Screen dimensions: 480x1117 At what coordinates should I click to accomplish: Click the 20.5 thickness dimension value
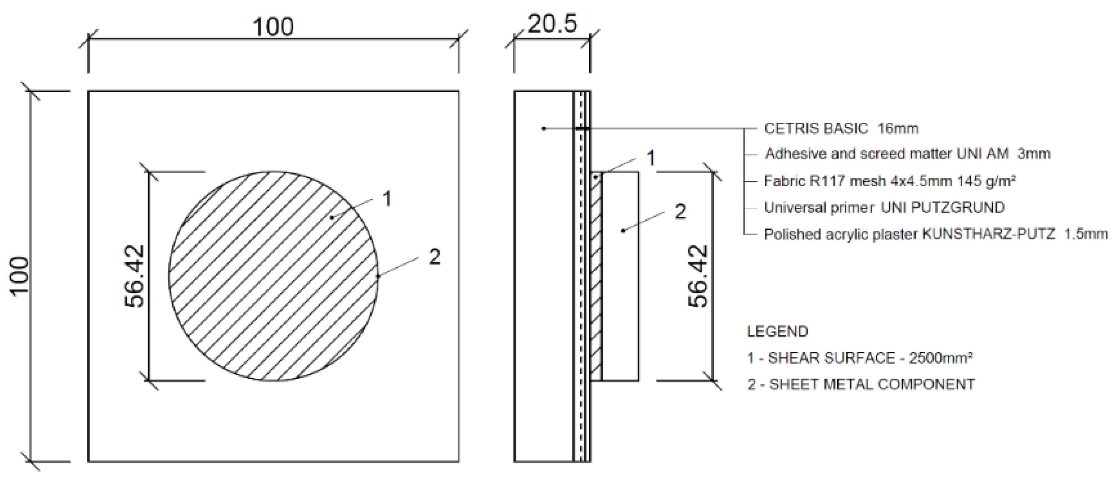click(x=552, y=24)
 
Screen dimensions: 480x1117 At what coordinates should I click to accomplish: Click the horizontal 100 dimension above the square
click(x=273, y=27)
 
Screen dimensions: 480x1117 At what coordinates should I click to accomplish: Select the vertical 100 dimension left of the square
click(x=20, y=276)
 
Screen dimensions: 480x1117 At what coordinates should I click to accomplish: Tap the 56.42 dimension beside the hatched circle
click(x=134, y=276)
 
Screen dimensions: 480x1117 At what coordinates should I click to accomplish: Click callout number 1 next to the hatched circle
click(x=387, y=199)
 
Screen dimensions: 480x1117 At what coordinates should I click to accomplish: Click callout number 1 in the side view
click(x=650, y=158)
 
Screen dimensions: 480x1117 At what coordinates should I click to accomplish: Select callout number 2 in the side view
click(x=680, y=212)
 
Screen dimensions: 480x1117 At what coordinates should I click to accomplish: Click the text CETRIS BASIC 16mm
click(x=841, y=129)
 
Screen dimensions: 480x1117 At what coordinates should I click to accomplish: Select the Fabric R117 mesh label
click(x=889, y=181)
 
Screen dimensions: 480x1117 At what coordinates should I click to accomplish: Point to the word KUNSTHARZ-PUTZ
click(x=988, y=234)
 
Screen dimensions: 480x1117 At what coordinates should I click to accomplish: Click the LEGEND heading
click(x=777, y=332)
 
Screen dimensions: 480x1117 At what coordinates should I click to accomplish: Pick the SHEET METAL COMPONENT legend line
click(x=861, y=385)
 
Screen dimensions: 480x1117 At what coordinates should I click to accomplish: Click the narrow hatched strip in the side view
click(x=597, y=278)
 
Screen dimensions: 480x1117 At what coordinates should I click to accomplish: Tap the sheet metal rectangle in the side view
click(x=621, y=303)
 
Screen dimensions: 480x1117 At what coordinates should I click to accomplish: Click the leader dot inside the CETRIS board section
click(x=544, y=128)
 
